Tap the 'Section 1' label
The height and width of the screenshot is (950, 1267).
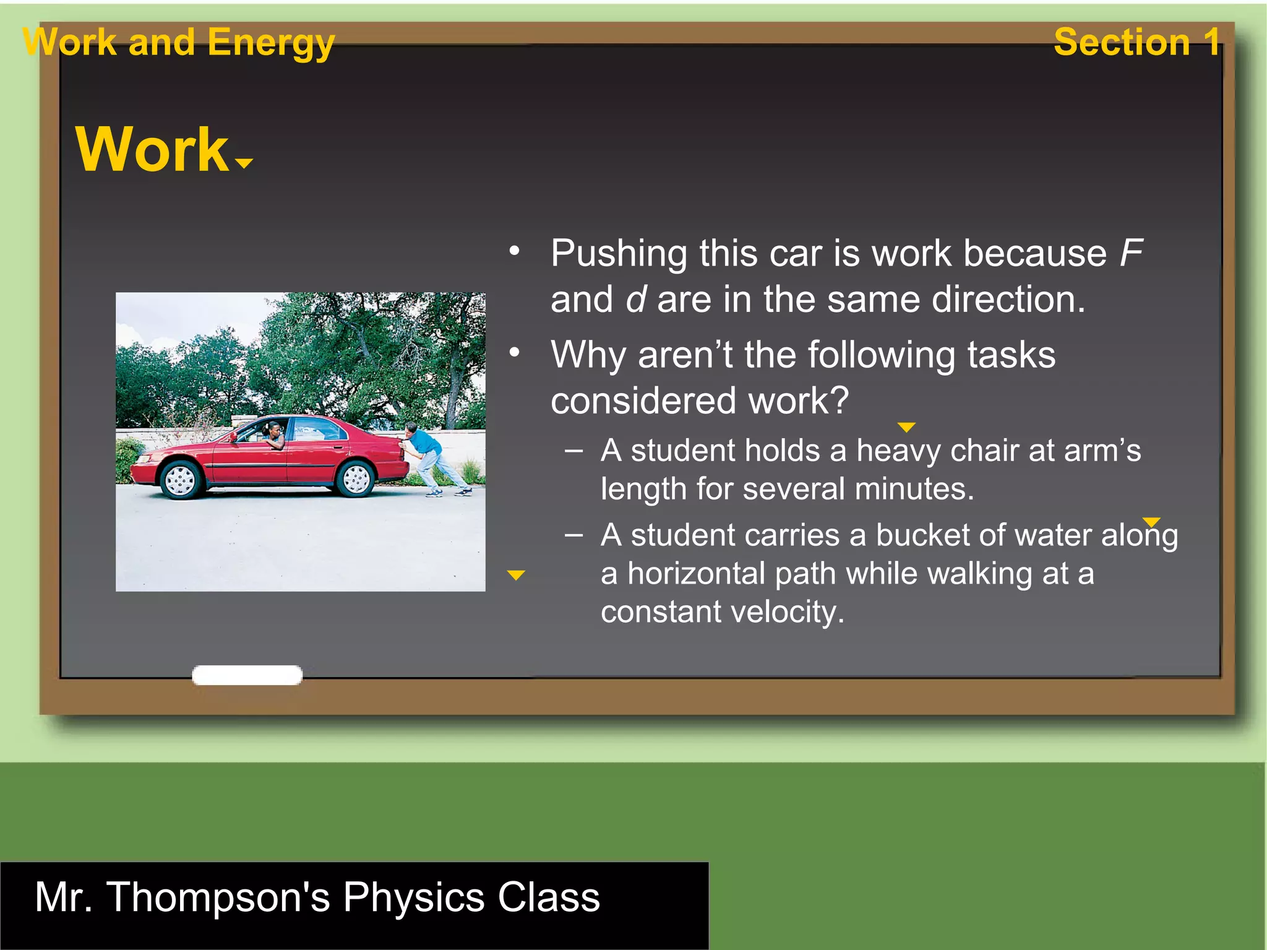coord(1136,42)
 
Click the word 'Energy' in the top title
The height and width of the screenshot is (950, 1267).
coord(270,43)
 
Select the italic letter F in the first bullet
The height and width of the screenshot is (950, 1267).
coord(1131,253)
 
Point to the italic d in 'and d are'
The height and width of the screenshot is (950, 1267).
coord(637,300)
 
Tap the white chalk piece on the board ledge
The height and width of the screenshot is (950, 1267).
coord(247,675)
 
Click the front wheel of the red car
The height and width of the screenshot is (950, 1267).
coord(181,480)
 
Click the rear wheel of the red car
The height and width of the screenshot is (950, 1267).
coord(356,478)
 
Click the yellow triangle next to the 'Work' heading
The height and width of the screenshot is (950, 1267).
coord(244,163)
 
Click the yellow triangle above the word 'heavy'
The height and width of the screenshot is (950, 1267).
coord(906,427)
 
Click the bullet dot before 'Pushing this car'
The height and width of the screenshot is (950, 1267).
coord(514,251)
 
